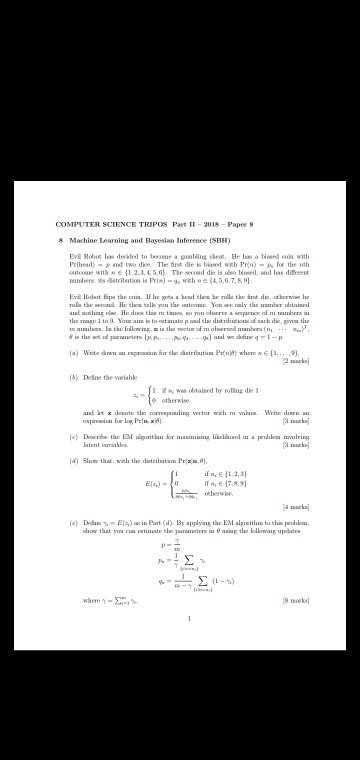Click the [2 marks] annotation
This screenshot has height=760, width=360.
[296, 360]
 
